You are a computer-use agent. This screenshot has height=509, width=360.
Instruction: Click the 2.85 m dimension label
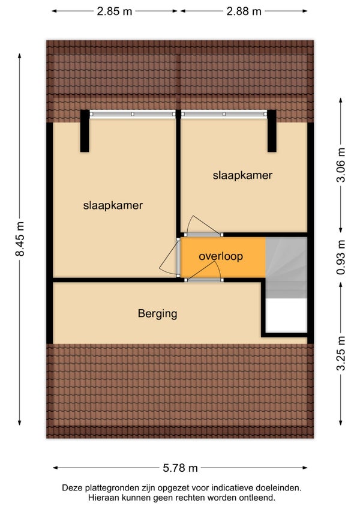[x=114, y=11]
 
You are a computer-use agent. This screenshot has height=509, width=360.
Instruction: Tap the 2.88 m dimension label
[x=244, y=11]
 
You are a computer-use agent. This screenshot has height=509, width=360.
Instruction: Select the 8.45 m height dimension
[x=20, y=239]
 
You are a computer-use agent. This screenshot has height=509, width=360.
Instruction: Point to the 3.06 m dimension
[x=341, y=165]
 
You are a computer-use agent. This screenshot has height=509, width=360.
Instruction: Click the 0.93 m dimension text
[x=341, y=258]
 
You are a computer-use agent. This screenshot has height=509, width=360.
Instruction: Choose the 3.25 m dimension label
[x=341, y=353]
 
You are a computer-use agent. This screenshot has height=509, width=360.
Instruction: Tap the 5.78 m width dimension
[x=180, y=468]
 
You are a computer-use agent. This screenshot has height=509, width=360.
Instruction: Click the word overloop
[x=221, y=256]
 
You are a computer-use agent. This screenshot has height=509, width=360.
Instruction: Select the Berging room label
[x=157, y=313]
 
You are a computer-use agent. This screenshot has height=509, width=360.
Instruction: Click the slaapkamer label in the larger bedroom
[x=113, y=205]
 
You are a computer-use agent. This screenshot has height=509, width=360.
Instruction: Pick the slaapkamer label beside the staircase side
[x=242, y=175]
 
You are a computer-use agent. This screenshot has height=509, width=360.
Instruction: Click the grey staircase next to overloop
[x=286, y=267]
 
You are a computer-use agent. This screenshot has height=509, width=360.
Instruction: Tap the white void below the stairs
[x=286, y=315]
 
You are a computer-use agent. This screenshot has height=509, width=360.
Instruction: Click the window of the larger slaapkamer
[x=133, y=114]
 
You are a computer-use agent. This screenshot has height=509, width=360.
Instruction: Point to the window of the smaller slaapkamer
[x=224, y=114]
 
